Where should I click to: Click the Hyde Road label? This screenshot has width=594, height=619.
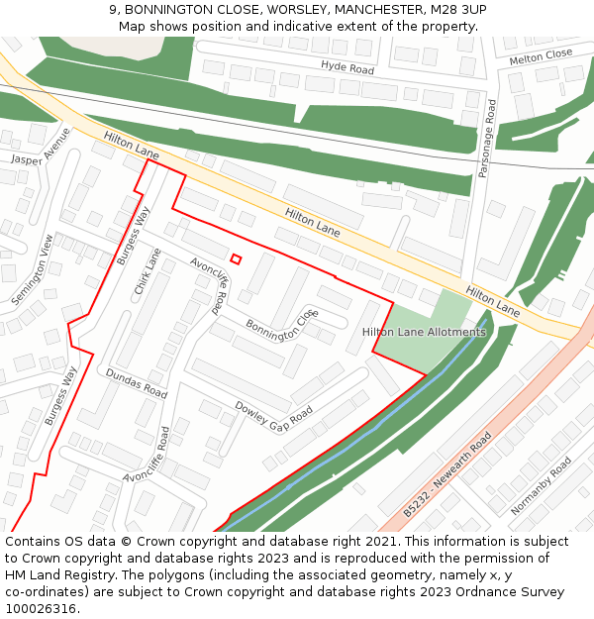click(347, 68)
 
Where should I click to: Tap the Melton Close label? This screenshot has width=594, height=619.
click(541, 58)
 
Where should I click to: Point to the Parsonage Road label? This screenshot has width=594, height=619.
click(485, 138)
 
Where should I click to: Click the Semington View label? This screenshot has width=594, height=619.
click(33, 269)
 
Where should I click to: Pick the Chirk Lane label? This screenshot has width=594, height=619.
click(148, 271)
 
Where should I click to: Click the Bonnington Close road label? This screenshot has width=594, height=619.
click(282, 326)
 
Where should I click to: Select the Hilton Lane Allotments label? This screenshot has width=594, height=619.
click(424, 332)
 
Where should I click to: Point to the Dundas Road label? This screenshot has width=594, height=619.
click(137, 382)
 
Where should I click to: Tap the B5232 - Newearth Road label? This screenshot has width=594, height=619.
click(447, 474)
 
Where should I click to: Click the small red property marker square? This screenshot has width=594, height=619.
click(236, 259)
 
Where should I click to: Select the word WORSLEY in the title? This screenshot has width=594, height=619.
click(295, 10)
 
